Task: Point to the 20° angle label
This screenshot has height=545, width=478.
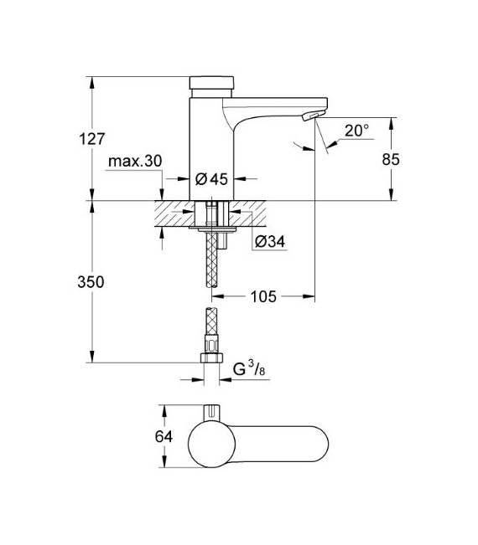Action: point(356,130)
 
